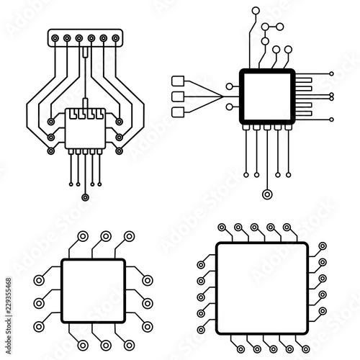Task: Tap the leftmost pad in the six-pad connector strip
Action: (x=55, y=38)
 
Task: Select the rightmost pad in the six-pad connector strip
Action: (x=116, y=38)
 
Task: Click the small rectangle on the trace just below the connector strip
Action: (x=85, y=53)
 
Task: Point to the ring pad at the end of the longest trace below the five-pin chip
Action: (x=85, y=197)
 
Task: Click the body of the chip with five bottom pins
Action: (x=85, y=128)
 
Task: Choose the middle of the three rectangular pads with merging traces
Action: (x=178, y=96)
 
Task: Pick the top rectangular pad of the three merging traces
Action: (x=178, y=81)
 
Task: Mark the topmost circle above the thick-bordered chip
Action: (x=256, y=11)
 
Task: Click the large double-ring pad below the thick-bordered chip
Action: (x=267, y=194)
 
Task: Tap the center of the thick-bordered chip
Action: (x=267, y=96)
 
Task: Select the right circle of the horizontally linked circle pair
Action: (x=280, y=27)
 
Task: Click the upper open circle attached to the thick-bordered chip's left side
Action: (x=230, y=86)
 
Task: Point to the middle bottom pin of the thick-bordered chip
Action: (x=267, y=127)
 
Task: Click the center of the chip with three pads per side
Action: (x=93, y=291)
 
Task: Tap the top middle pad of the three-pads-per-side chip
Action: (x=106, y=236)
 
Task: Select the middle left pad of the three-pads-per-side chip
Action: (x=39, y=304)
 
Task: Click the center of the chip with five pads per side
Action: (x=262, y=288)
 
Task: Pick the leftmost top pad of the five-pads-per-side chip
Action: (x=222, y=228)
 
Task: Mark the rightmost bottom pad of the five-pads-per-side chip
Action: (x=306, y=349)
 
